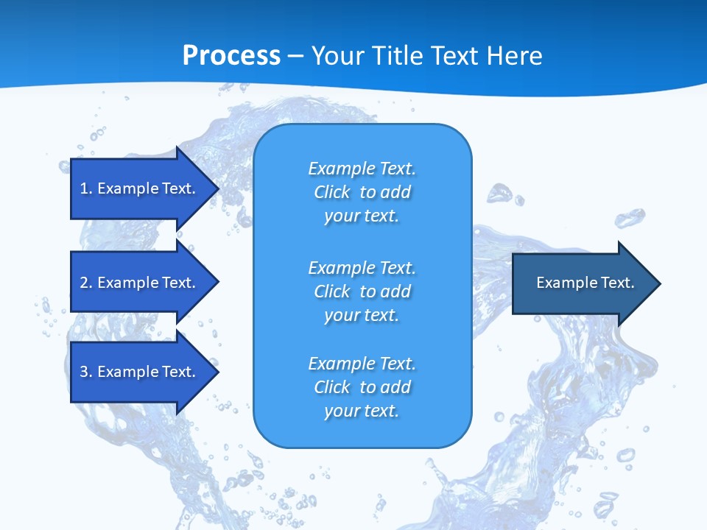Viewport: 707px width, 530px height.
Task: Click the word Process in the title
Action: pyautogui.click(x=231, y=56)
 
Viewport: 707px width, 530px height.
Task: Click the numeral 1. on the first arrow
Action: pyautogui.click(x=85, y=188)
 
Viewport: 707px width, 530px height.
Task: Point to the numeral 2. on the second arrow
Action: pyautogui.click(x=85, y=283)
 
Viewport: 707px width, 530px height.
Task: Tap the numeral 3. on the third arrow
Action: pyautogui.click(x=85, y=372)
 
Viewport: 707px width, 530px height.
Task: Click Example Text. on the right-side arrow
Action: pyautogui.click(x=585, y=283)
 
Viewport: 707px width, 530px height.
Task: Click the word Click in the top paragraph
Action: pyautogui.click(x=331, y=193)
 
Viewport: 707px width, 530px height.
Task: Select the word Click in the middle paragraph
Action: pyautogui.click(x=331, y=292)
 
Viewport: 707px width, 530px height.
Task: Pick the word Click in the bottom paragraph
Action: pyautogui.click(x=331, y=388)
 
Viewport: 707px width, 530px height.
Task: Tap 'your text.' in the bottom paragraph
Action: pyautogui.click(x=362, y=411)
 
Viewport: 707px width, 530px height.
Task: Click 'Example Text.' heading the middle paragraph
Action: pyautogui.click(x=362, y=268)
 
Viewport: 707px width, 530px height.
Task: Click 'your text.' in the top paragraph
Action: pyautogui.click(x=362, y=216)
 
